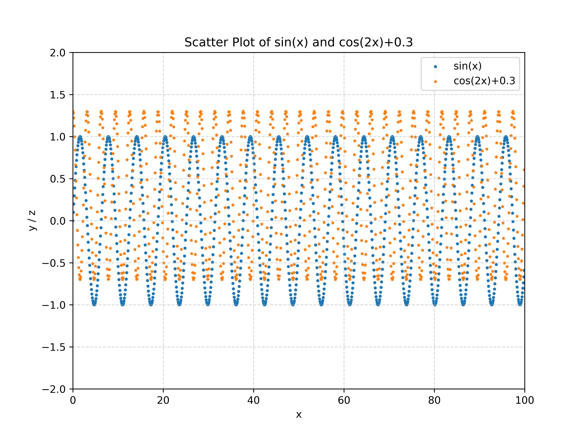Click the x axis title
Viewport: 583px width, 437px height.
tap(299, 415)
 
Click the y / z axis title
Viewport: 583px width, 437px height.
tap(32, 221)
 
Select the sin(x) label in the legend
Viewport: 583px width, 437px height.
tap(467, 66)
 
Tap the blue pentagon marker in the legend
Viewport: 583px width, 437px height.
tap(435, 67)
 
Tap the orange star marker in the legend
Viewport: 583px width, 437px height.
tap(435, 81)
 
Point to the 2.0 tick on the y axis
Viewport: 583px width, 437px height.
tap(58, 53)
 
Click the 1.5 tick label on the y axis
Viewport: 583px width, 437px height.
tap(58, 95)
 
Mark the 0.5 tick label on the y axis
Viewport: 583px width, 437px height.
tap(58, 179)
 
